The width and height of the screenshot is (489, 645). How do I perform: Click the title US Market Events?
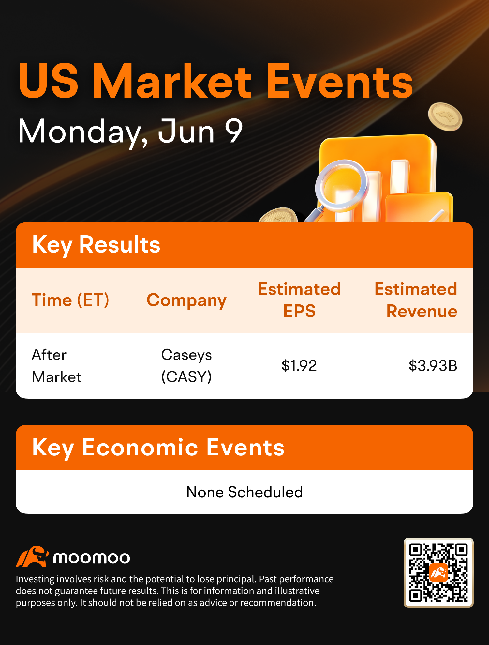[x=215, y=81]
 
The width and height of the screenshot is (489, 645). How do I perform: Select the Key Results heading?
[x=96, y=245]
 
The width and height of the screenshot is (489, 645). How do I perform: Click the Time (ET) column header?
[x=70, y=300]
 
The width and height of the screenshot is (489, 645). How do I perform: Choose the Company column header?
[x=186, y=300]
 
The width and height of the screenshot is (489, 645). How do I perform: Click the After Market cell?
[x=56, y=366]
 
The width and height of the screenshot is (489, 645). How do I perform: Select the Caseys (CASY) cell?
[x=186, y=366]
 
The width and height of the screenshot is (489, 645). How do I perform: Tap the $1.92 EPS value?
[x=299, y=366]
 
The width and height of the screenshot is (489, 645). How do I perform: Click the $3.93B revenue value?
[x=433, y=366]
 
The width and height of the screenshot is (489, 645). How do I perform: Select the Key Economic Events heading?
[x=158, y=448]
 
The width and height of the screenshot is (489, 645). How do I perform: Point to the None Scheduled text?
[x=244, y=492]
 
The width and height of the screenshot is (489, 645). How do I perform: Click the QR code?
[x=438, y=573]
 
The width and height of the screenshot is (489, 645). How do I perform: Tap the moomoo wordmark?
[x=92, y=558]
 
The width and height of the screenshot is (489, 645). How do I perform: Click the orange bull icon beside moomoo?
[x=32, y=557]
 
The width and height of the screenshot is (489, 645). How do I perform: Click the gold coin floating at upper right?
[x=445, y=116]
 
